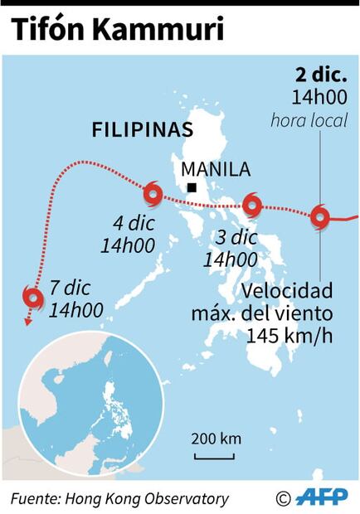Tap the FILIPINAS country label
pos(142,130)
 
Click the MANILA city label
pos(215,170)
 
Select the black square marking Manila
pos(192,188)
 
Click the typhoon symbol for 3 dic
pos(252,204)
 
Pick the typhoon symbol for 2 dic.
pos(320,217)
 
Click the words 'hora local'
pos(309,121)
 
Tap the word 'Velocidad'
pos(288,291)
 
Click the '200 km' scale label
pos(216,439)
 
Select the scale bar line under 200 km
pos(215,454)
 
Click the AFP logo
pos(324,497)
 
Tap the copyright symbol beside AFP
pos(284,498)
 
